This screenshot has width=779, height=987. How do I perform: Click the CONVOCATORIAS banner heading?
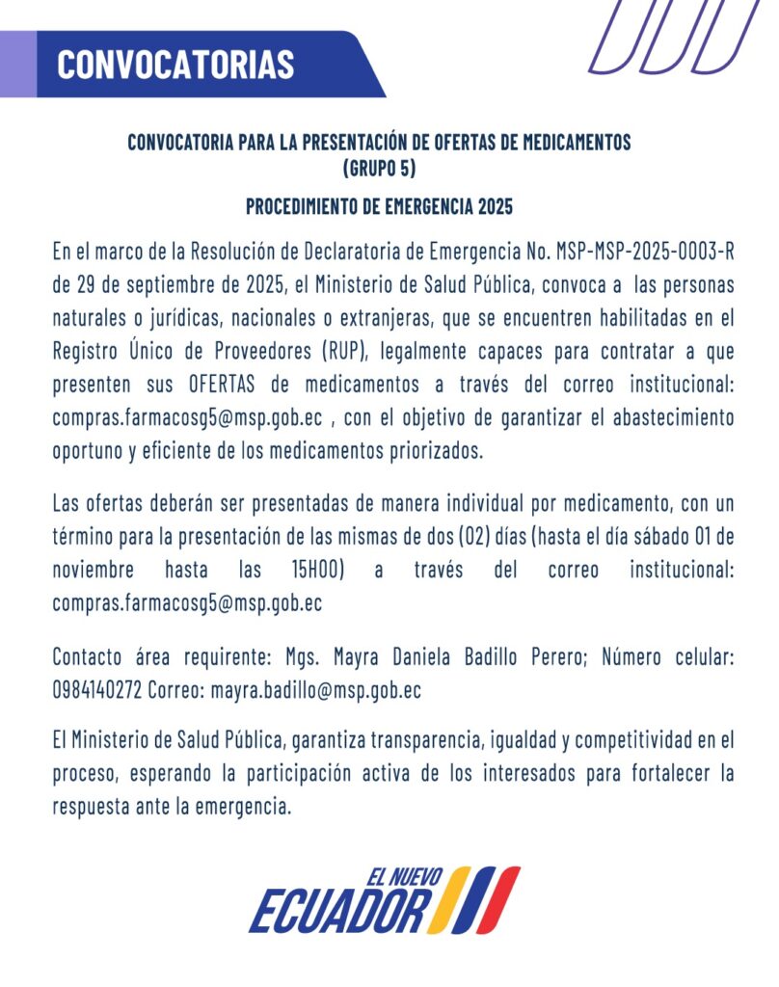[175, 64]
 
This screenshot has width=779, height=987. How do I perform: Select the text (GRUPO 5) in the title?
[379, 167]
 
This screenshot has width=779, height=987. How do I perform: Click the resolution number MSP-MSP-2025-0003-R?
[645, 253]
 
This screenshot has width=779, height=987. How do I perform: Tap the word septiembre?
[148, 286]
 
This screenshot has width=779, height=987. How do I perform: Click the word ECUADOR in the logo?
[339, 909]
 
